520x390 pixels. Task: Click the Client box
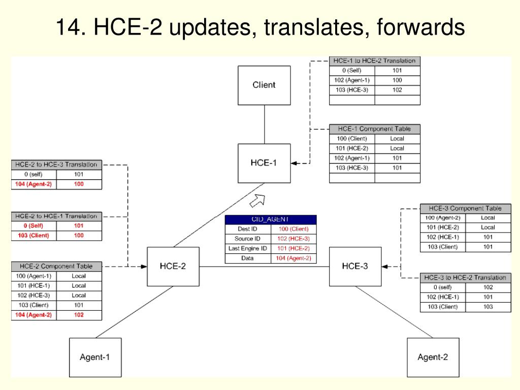click(x=264, y=85)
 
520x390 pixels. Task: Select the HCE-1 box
click(x=264, y=163)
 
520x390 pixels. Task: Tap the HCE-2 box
click(x=173, y=266)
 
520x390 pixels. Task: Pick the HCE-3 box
click(x=355, y=266)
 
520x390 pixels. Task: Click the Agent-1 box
click(x=95, y=357)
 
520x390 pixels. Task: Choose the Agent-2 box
click(x=433, y=357)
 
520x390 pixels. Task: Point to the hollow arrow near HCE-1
click(x=257, y=200)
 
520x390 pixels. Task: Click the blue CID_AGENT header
click(x=271, y=219)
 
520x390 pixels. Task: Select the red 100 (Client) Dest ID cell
click(x=294, y=229)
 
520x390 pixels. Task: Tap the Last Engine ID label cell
click(x=248, y=248)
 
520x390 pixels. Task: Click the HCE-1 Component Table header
click(x=375, y=129)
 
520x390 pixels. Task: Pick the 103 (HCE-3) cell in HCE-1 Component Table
click(x=352, y=168)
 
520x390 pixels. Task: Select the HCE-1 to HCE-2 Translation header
click(x=375, y=61)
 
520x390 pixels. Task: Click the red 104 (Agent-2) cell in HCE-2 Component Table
click(x=34, y=315)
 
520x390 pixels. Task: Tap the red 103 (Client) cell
click(x=34, y=236)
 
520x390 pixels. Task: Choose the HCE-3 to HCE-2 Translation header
click(x=465, y=278)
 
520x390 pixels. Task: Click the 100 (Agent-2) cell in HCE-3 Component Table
click(x=443, y=218)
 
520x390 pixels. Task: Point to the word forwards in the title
click(x=421, y=27)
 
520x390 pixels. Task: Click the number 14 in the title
click(x=69, y=27)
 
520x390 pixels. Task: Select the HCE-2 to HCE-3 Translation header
click(x=56, y=165)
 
